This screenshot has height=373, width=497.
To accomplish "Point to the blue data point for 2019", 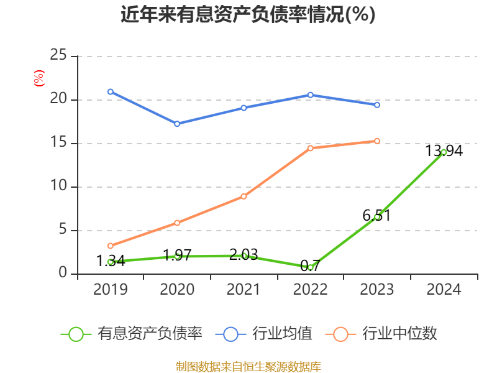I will pos(111,91).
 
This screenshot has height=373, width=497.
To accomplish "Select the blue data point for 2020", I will pos(177,124).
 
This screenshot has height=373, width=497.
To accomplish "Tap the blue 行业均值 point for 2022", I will pos(311,94).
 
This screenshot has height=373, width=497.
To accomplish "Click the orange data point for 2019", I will pos(111,246).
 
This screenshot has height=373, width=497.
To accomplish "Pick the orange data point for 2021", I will pos(244,196).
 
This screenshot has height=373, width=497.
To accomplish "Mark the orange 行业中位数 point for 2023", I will pos(377,140).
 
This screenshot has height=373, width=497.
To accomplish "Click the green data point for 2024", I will pos(444,152).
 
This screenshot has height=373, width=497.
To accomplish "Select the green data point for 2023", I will pos(377,217).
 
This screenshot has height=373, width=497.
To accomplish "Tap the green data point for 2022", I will pos(311,267).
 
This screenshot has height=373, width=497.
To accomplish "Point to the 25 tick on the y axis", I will pos(58,56).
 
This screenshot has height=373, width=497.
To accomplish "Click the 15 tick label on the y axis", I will pos(58,143).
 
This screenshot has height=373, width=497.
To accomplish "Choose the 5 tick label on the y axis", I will pos(63,230).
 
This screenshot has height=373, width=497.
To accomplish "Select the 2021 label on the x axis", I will pos(244,289).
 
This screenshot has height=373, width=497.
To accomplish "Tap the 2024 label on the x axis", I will pos(444,289).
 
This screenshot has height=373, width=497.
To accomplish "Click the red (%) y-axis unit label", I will pos(39,79).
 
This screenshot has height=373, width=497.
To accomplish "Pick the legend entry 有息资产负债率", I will pos(132,334).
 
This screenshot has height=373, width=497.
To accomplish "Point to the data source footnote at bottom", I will pos(248,366).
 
